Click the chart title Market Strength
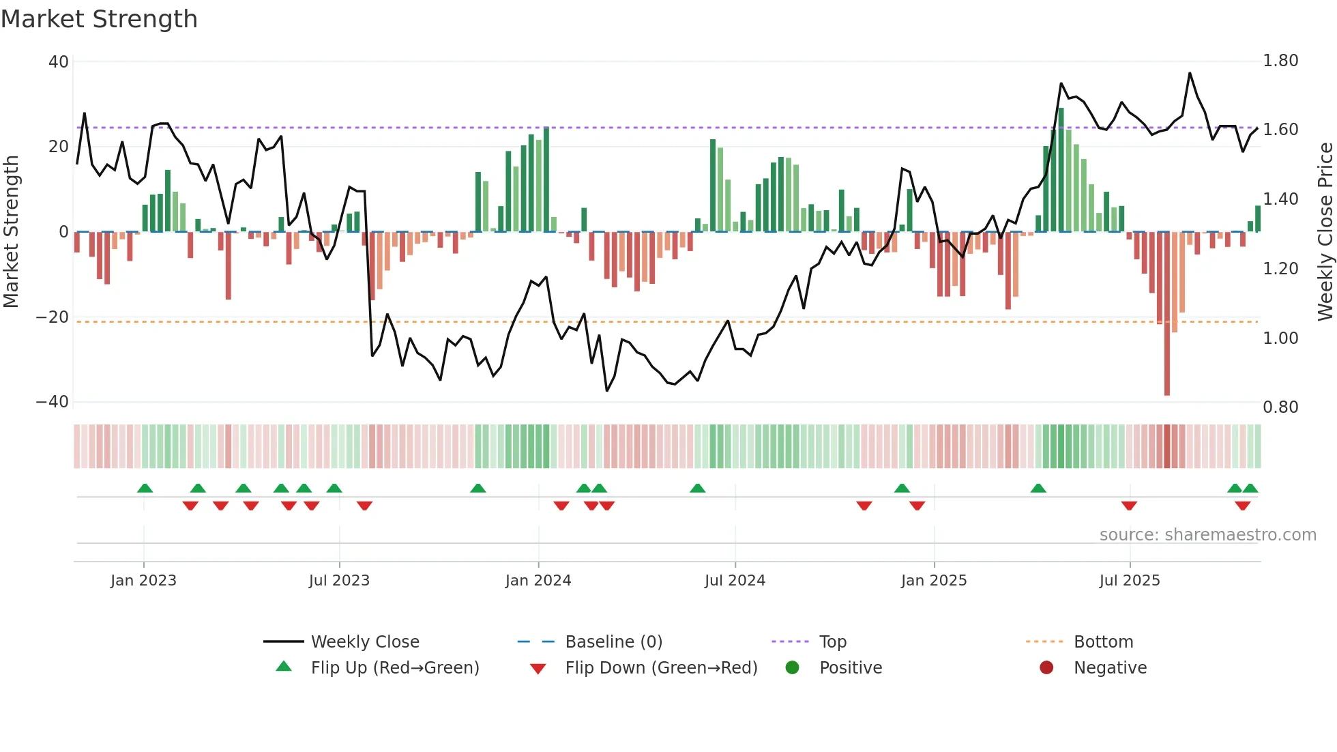tap(99, 19)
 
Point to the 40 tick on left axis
tap(59, 62)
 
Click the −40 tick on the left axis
tap(53, 402)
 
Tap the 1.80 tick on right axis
tap(1280, 61)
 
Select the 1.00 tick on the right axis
tap(1280, 338)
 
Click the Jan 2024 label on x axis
tap(538, 581)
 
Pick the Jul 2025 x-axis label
tap(1130, 581)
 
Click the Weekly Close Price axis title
tap(1325, 231)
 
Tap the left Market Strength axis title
tap(12, 231)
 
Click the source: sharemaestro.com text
tap(1207, 535)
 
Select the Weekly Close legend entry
tap(365, 642)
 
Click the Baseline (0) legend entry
tap(613, 642)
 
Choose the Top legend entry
tap(832, 642)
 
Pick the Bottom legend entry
tap(1103, 642)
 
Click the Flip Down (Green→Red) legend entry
tap(661, 668)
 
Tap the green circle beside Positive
tap(792, 668)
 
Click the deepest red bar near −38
tap(1167, 314)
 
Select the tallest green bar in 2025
tap(1061, 170)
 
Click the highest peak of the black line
tap(1190, 73)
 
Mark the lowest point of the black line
tap(606, 390)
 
